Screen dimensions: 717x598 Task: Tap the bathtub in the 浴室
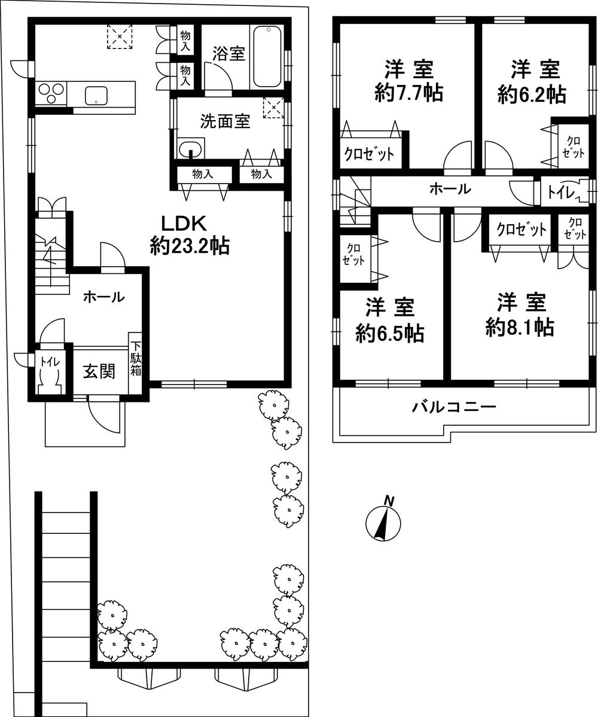coord(267,57)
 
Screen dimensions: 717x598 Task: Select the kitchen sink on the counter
coord(96,95)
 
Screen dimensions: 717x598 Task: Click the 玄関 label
coord(99,371)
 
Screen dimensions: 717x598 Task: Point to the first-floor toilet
coord(47,377)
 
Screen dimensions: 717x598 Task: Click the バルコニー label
coord(454,408)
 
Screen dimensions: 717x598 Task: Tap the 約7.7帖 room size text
coord(409,93)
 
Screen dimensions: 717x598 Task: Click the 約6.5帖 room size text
coord(390,334)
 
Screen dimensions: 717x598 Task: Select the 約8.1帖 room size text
coord(519,327)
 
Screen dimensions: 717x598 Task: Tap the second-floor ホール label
coord(450,190)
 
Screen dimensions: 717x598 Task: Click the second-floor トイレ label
coord(562,193)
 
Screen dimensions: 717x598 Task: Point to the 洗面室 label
coord(225,122)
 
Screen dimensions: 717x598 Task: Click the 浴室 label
coord(228,53)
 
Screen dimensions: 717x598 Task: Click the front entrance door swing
coord(105,416)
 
